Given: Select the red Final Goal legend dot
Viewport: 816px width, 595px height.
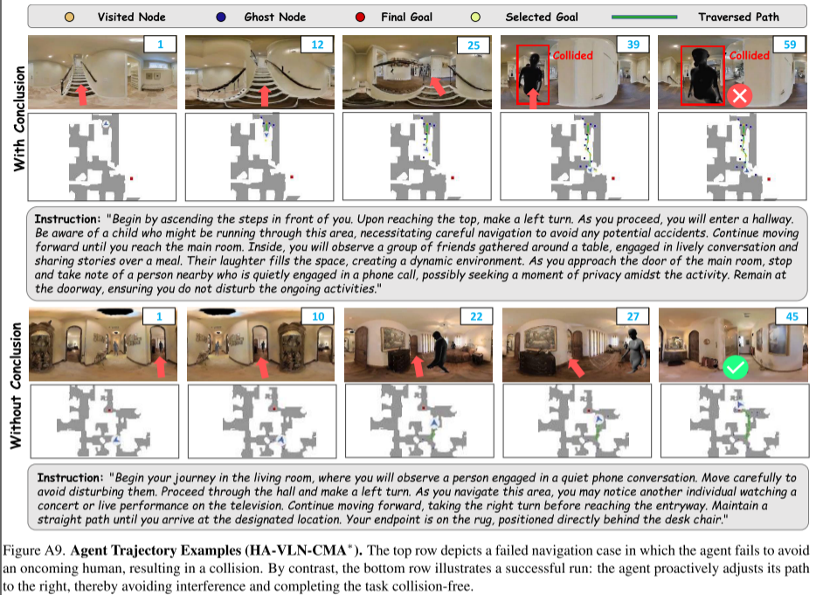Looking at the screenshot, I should click(x=360, y=17).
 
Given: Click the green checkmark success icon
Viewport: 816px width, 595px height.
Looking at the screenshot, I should click(x=736, y=367).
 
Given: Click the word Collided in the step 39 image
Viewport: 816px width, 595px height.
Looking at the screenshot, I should click(x=572, y=55).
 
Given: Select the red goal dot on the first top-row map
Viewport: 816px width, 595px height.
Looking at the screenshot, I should click(x=131, y=178).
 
